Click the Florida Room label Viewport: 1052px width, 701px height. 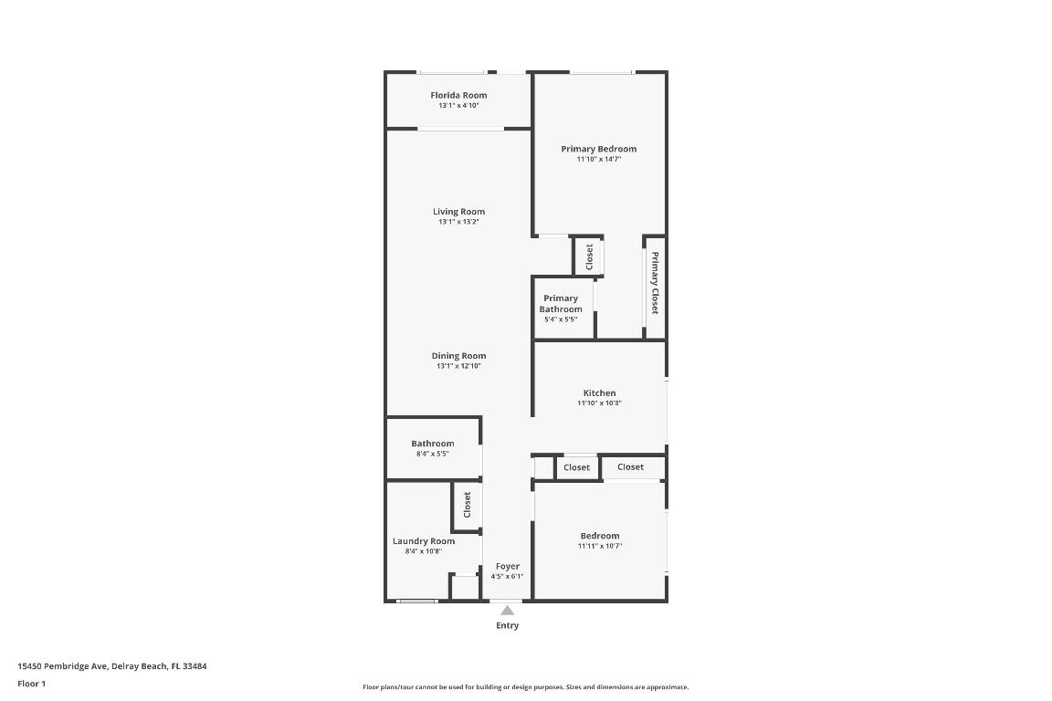coord(458,95)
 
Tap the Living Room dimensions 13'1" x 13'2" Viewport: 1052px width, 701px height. coord(458,222)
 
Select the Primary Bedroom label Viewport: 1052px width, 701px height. coord(598,149)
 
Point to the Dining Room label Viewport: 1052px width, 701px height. coord(458,356)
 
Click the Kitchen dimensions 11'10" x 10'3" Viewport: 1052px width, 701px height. coord(599,403)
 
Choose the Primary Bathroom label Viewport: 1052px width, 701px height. coord(561,304)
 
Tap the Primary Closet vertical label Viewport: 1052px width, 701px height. coord(655,282)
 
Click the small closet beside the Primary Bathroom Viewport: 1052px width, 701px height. coord(589,256)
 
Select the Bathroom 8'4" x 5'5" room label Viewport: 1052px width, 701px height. coord(432,444)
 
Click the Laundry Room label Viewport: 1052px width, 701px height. coord(423,541)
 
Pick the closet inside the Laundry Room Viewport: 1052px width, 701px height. coord(467,505)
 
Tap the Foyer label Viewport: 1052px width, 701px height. coord(507,567)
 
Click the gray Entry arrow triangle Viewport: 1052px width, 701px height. coord(507,611)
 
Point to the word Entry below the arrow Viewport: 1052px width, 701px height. coord(507,626)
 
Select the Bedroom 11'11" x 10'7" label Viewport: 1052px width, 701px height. coord(599,536)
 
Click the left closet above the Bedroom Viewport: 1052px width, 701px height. coord(576,467)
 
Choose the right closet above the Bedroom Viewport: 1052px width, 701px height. coord(630,467)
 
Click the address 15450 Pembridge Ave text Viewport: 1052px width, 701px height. coord(112,666)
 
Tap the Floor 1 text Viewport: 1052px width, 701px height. coord(31,684)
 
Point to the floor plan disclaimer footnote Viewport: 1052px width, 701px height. coord(525,687)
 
